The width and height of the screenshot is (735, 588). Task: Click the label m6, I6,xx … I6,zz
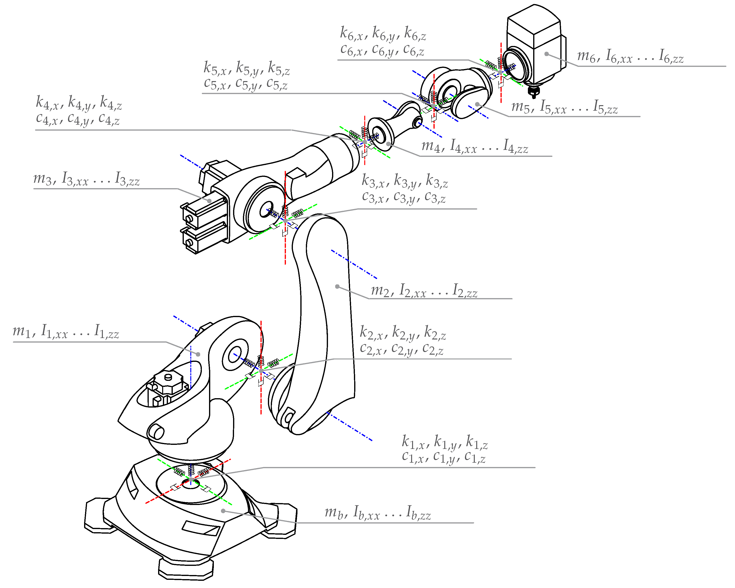tap(630, 56)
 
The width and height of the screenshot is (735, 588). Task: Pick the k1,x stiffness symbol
tap(413, 442)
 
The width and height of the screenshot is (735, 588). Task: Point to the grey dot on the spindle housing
tap(546, 54)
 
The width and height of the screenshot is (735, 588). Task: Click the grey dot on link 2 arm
tap(337, 286)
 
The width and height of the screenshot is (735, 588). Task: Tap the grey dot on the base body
tap(223, 511)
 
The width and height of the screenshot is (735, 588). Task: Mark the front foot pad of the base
tap(186, 568)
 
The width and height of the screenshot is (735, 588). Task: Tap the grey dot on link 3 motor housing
tap(209, 201)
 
